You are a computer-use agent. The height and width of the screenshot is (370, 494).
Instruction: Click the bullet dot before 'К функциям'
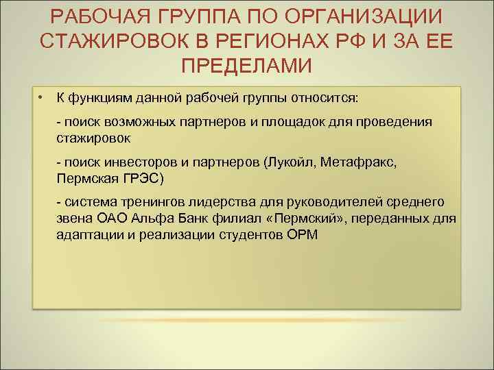[x=42, y=97]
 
